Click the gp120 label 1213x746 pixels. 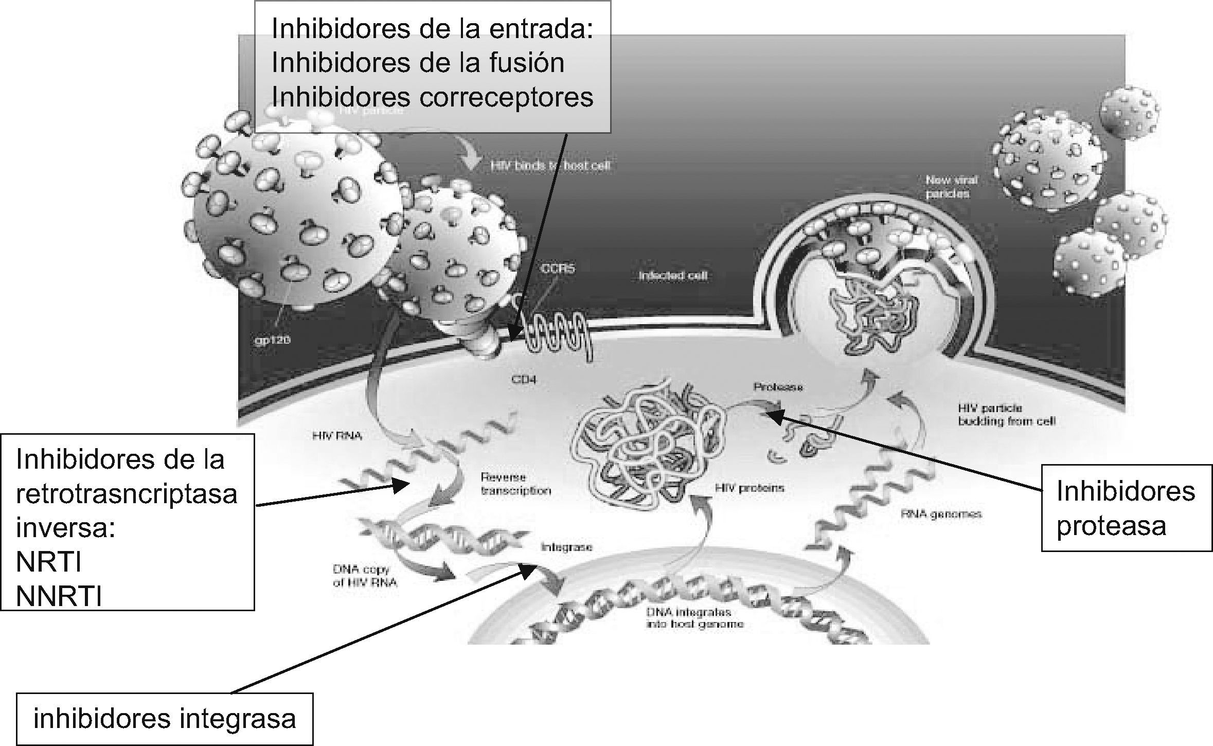click(x=273, y=340)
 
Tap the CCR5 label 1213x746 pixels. click(x=558, y=269)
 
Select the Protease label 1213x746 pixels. click(x=778, y=387)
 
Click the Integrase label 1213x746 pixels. click(x=566, y=547)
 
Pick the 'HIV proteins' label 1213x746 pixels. click(x=750, y=487)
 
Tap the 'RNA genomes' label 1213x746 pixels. click(x=941, y=513)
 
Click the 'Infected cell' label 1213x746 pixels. click(x=673, y=276)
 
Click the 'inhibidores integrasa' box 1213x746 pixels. click(x=165, y=719)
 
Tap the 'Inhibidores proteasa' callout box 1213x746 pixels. click(x=1126, y=508)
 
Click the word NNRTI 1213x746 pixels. click(x=59, y=596)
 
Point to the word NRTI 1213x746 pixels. click(x=49, y=562)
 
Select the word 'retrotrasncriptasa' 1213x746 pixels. click(x=127, y=494)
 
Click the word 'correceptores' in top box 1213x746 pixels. click(x=506, y=97)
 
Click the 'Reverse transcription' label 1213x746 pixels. click(x=515, y=484)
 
